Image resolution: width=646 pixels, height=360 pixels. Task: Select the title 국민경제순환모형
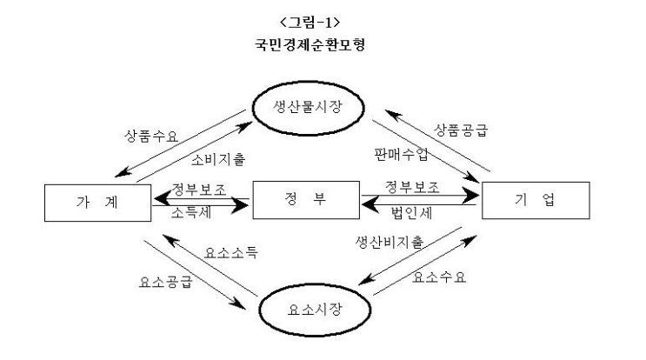point(322,44)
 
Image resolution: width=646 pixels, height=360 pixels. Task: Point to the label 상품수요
point(150,137)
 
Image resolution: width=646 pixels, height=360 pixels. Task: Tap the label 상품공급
point(461,132)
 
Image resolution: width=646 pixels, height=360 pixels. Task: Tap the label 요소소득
point(230,253)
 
